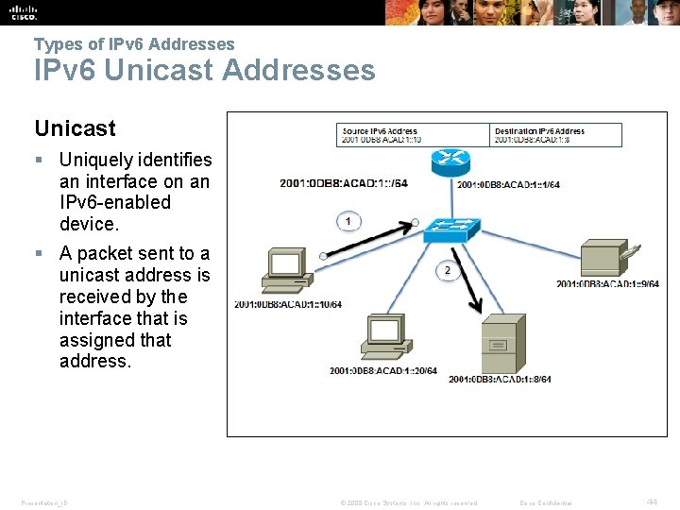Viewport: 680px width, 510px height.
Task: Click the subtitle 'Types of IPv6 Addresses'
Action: [x=134, y=43]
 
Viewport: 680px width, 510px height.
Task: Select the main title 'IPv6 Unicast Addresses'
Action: [x=204, y=70]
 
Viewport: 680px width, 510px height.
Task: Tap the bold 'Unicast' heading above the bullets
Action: [x=75, y=128]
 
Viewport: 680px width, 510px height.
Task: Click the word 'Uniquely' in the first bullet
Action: [x=97, y=161]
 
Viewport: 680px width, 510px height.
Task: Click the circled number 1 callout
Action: [x=348, y=221]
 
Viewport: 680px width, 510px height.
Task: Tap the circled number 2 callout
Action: [x=447, y=271]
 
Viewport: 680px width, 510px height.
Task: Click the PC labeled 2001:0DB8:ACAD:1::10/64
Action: [x=287, y=271]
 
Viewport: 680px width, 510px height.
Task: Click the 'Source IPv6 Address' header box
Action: [x=415, y=135]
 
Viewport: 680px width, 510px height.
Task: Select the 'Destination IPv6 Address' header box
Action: [x=557, y=135]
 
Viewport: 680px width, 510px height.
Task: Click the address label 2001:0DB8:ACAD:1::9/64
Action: [x=607, y=283]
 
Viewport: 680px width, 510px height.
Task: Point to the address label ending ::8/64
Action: [x=500, y=380]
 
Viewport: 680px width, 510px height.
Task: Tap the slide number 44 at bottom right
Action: [x=652, y=501]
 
